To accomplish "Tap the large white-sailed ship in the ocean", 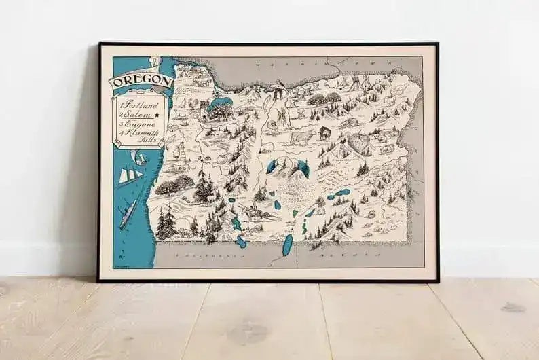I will pyautogui.click(x=130, y=177).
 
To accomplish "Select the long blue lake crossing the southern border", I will pyautogui.click(x=287, y=245).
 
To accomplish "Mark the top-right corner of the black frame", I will pyautogui.click(x=437, y=43).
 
